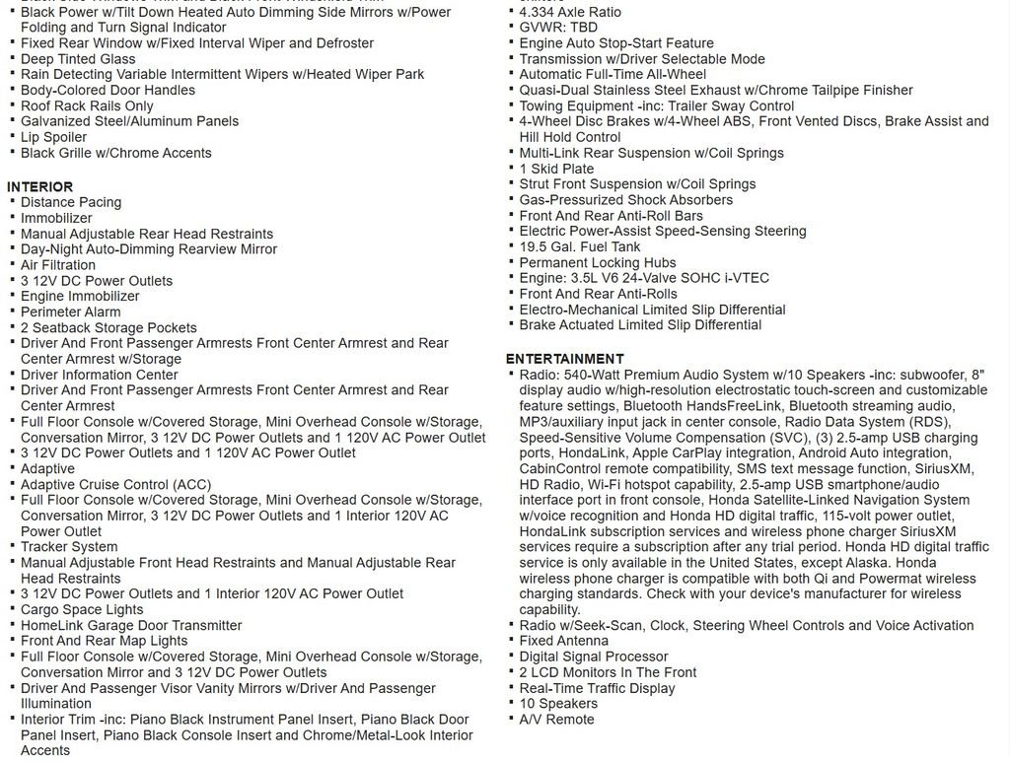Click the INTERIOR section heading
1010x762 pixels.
[x=40, y=186]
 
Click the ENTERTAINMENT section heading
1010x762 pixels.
[x=564, y=359]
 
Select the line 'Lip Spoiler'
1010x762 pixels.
[x=54, y=137]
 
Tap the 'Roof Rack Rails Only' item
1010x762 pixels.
[x=87, y=105]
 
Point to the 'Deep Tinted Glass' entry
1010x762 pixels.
[x=78, y=59]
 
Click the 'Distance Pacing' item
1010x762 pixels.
[x=71, y=202]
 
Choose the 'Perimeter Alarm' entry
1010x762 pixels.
[x=71, y=312]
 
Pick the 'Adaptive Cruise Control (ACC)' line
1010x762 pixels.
[x=116, y=484]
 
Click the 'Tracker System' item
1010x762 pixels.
[x=69, y=547]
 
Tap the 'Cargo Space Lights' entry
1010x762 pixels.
[x=82, y=609]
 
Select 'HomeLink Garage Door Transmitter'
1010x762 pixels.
[x=131, y=625]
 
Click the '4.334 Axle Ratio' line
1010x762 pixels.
[x=570, y=12]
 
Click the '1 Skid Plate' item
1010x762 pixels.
[x=556, y=169]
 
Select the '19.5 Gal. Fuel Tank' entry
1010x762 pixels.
[x=580, y=246]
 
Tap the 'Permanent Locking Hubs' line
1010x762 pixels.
[x=598, y=262]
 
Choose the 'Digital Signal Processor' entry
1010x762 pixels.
[x=594, y=657]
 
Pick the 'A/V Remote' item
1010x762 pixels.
[x=557, y=720]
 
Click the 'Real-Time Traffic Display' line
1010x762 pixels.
[x=598, y=688]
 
